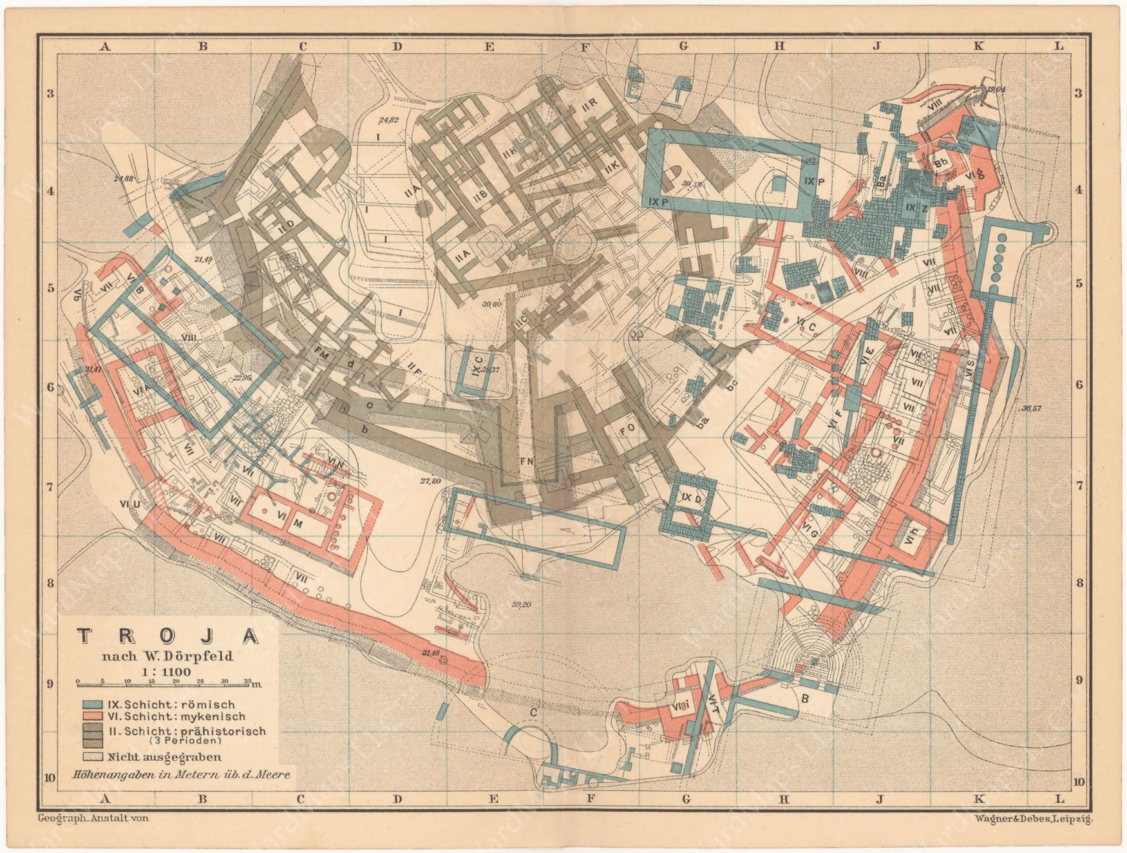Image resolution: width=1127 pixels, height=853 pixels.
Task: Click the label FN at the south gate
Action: click(x=527, y=461)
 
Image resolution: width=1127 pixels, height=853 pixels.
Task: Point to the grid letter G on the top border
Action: click(x=683, y=46)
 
